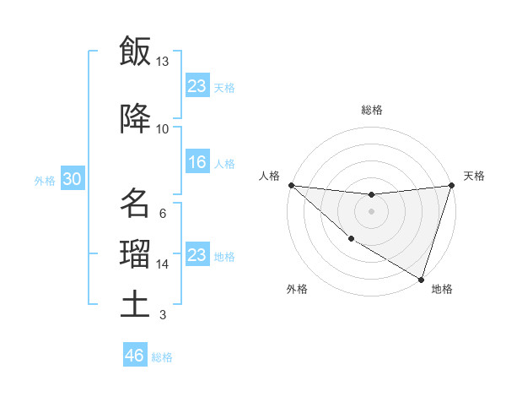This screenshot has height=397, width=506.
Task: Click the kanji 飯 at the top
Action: [x=136, y=51]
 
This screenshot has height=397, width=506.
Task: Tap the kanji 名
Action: [x=136, y=204]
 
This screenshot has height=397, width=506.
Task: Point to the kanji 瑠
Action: [x=136, y=253]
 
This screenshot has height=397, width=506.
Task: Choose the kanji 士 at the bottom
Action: [x=136, y=303]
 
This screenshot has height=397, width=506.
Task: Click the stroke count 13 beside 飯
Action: [x=162, y=62]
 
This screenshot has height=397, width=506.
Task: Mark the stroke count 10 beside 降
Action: [x=162, y=129]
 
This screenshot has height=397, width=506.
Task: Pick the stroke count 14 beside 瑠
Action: [x=163, y=264]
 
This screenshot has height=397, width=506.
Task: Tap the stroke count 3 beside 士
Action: [x=162, y=315]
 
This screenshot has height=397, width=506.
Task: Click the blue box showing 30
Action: [x=72, y=180]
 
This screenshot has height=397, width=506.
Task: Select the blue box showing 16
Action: [x=197, y=163]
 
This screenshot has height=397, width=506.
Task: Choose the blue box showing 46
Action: [x=135, y=356]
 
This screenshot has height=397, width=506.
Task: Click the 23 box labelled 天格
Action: [x=197, y=86]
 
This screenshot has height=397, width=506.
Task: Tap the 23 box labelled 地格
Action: [x=197, y=255]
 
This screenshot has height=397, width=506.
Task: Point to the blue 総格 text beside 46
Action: [x=163, y=357]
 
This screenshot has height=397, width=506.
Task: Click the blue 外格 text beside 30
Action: [x=45, y=181]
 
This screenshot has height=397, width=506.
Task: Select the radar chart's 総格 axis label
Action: [x=372, y=110]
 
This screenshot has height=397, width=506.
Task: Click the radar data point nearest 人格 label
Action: [x=291, y=185]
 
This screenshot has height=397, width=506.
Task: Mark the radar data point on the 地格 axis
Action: [x=421, y=279]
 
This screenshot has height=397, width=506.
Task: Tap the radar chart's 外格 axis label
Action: [x=297, y=289]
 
